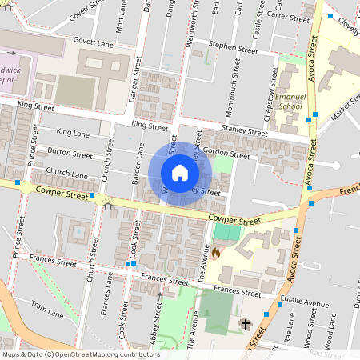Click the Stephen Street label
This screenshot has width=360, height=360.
coord(233,48)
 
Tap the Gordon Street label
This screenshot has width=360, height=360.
coord(226,151)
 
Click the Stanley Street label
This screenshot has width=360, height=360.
coord(244,131)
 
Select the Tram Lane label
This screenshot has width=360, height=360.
coord(46,306)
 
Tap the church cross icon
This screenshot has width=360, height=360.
coord(245,324)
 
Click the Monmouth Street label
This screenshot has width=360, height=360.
coord(238,80)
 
